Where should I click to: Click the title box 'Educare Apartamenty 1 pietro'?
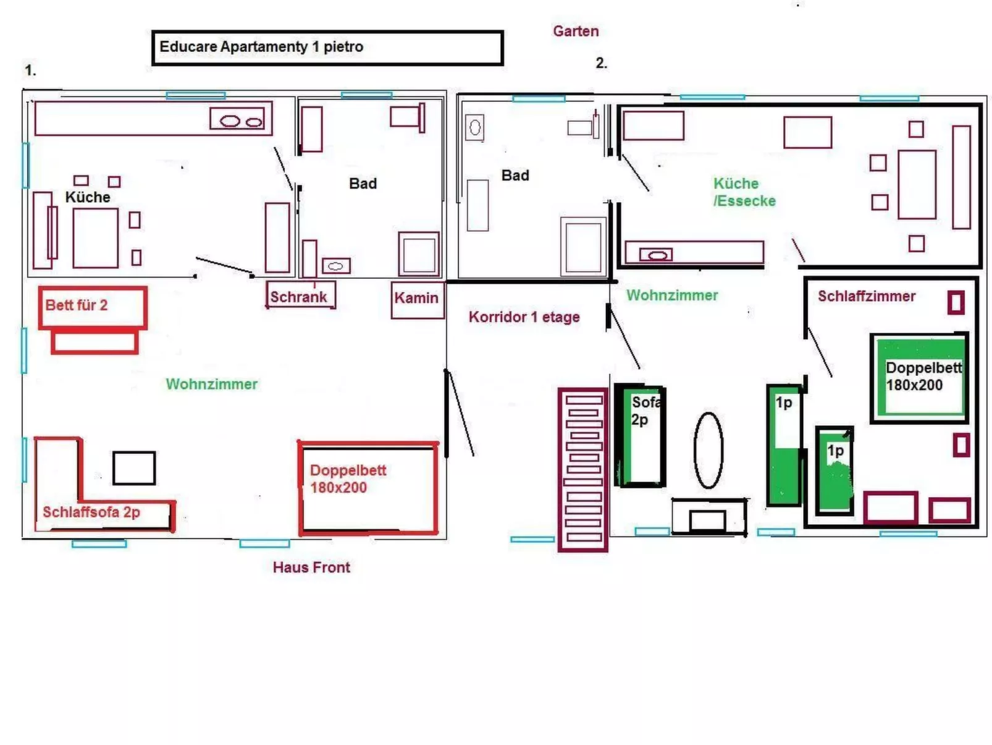[327, 48]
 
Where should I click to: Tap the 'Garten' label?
[575, 31]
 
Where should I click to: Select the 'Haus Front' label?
[311, 567]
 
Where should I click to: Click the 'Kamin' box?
[417, 299]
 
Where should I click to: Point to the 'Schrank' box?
[300, 296]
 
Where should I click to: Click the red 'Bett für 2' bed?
[92, 307]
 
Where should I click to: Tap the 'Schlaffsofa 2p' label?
[91, 512]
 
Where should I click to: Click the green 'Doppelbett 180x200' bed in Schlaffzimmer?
[920, 377]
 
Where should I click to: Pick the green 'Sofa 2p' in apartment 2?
[641, 435]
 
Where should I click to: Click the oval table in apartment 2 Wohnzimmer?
[708, 449]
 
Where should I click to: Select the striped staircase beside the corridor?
[582, 469]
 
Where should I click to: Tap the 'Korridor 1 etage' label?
[524, 317]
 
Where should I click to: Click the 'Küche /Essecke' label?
[744, 192]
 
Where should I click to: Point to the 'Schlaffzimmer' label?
[866, 296]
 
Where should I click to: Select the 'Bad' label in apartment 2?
[515, 176]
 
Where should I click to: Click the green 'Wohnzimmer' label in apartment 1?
[211, 384]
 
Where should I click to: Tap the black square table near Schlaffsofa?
[134, 468]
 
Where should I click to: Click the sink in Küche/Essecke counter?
[655, 255]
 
